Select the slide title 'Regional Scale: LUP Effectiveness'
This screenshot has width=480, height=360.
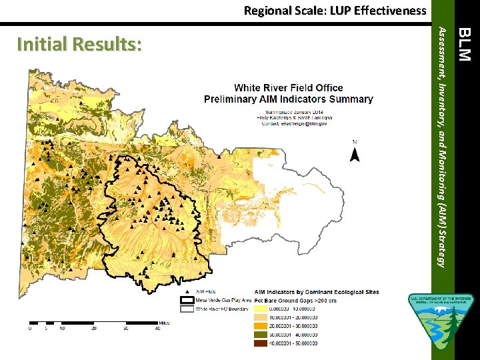(x=335, y=10)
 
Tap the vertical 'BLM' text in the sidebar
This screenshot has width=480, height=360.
(x=465, y=44)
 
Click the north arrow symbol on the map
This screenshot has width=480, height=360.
(x=355, y=153)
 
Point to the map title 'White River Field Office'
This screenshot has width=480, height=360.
(x=288, y=88)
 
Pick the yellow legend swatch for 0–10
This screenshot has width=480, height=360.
(x=261, y=308)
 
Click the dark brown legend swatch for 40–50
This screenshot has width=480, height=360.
(x=261, y=343)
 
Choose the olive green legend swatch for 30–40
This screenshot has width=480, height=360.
(x=261, y=334)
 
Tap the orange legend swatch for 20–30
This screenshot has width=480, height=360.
(x=261, y=325)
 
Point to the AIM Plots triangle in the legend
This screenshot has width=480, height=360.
(x=185, y=293)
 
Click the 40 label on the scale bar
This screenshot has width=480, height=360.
(x=158, y=329)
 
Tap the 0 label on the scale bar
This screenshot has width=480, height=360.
(x=30, y=329)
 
